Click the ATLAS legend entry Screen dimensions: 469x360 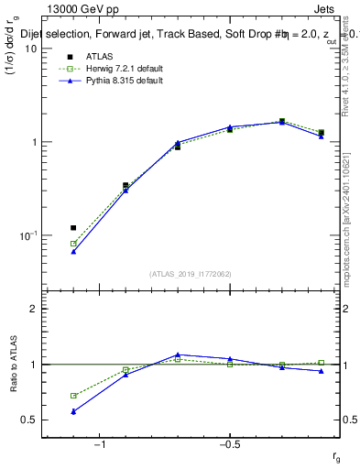point(102,58)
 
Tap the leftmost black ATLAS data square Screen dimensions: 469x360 point(73,227)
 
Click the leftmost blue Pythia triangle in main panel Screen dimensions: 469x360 point(73,251)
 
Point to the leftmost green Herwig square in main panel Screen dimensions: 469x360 point(73,244)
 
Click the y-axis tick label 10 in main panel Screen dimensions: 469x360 point(32,49)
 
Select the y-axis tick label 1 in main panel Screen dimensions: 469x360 point(35,142)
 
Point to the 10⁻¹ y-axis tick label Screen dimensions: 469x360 point(29,235)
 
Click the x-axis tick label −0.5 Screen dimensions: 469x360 point(229,445)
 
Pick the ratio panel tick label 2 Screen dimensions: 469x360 point(35,309)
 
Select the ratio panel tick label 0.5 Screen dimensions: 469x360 point(30,420)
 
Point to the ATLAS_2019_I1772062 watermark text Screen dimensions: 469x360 point(191,274)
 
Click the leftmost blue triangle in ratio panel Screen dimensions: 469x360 point(73,411)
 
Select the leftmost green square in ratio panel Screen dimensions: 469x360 point(73,396)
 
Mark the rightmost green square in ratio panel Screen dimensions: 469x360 point(321,363)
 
